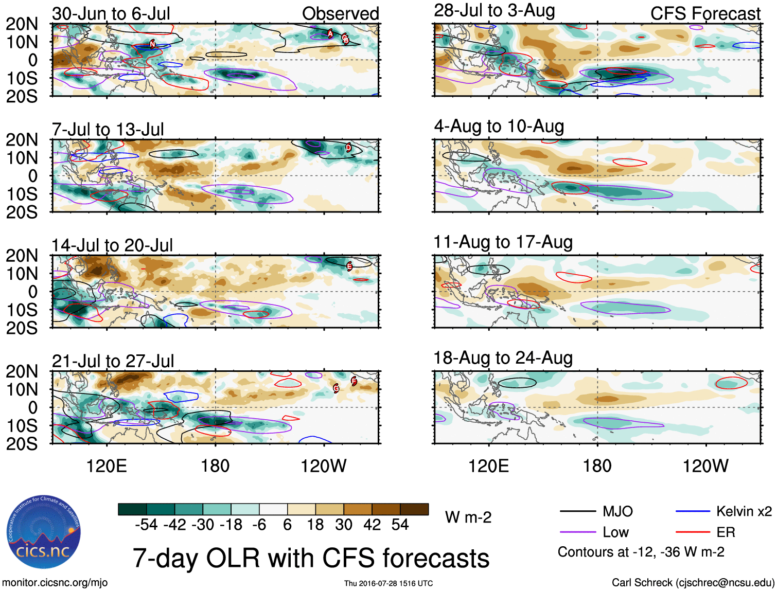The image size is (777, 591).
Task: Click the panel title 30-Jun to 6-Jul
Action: tap(111, 14)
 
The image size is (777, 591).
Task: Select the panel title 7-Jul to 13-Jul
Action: tap(108, 130)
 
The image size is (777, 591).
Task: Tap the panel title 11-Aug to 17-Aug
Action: tap(503, 242)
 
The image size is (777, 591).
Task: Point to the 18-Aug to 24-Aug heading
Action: tap(503, 358)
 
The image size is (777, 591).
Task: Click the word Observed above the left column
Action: tap(340, 14)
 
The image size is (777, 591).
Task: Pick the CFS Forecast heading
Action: tap(705, 14)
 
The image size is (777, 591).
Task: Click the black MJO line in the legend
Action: tap(577, 511)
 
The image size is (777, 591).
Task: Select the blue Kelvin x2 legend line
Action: tap(693, 511)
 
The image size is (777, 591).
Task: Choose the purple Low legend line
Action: tap(577, 532)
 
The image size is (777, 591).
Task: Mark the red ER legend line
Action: tap(693, 532)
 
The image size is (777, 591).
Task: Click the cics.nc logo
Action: tap(44, 532)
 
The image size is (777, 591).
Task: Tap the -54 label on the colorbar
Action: tap(146, 525)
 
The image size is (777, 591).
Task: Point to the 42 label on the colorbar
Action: tap(372, 525)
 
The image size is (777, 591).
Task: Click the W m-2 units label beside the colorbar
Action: tap(468, 517)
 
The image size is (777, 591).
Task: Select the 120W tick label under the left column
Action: tap(323, 466)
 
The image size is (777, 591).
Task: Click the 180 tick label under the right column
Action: tap(597, 466)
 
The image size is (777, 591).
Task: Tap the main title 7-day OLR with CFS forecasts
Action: tap(311, 558)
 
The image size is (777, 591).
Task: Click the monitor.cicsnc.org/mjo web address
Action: tap(55, 583)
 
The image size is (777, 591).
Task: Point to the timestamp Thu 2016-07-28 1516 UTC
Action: tap(388, 583)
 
